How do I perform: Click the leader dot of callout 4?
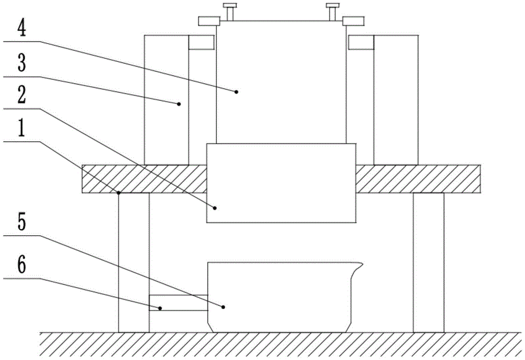pos(237,92)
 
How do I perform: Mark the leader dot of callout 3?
pos(179,104)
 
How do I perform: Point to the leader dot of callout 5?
pos(224,306)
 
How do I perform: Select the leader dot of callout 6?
pos(161,308)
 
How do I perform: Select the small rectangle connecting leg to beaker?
pos(178,303)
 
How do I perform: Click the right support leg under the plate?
pos(428,262)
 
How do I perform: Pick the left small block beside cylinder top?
pos(202,43)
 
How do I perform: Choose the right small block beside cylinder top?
pos(361,43)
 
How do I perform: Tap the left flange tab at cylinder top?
pos(208,21)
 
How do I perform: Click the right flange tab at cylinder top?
pos(353,21)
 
